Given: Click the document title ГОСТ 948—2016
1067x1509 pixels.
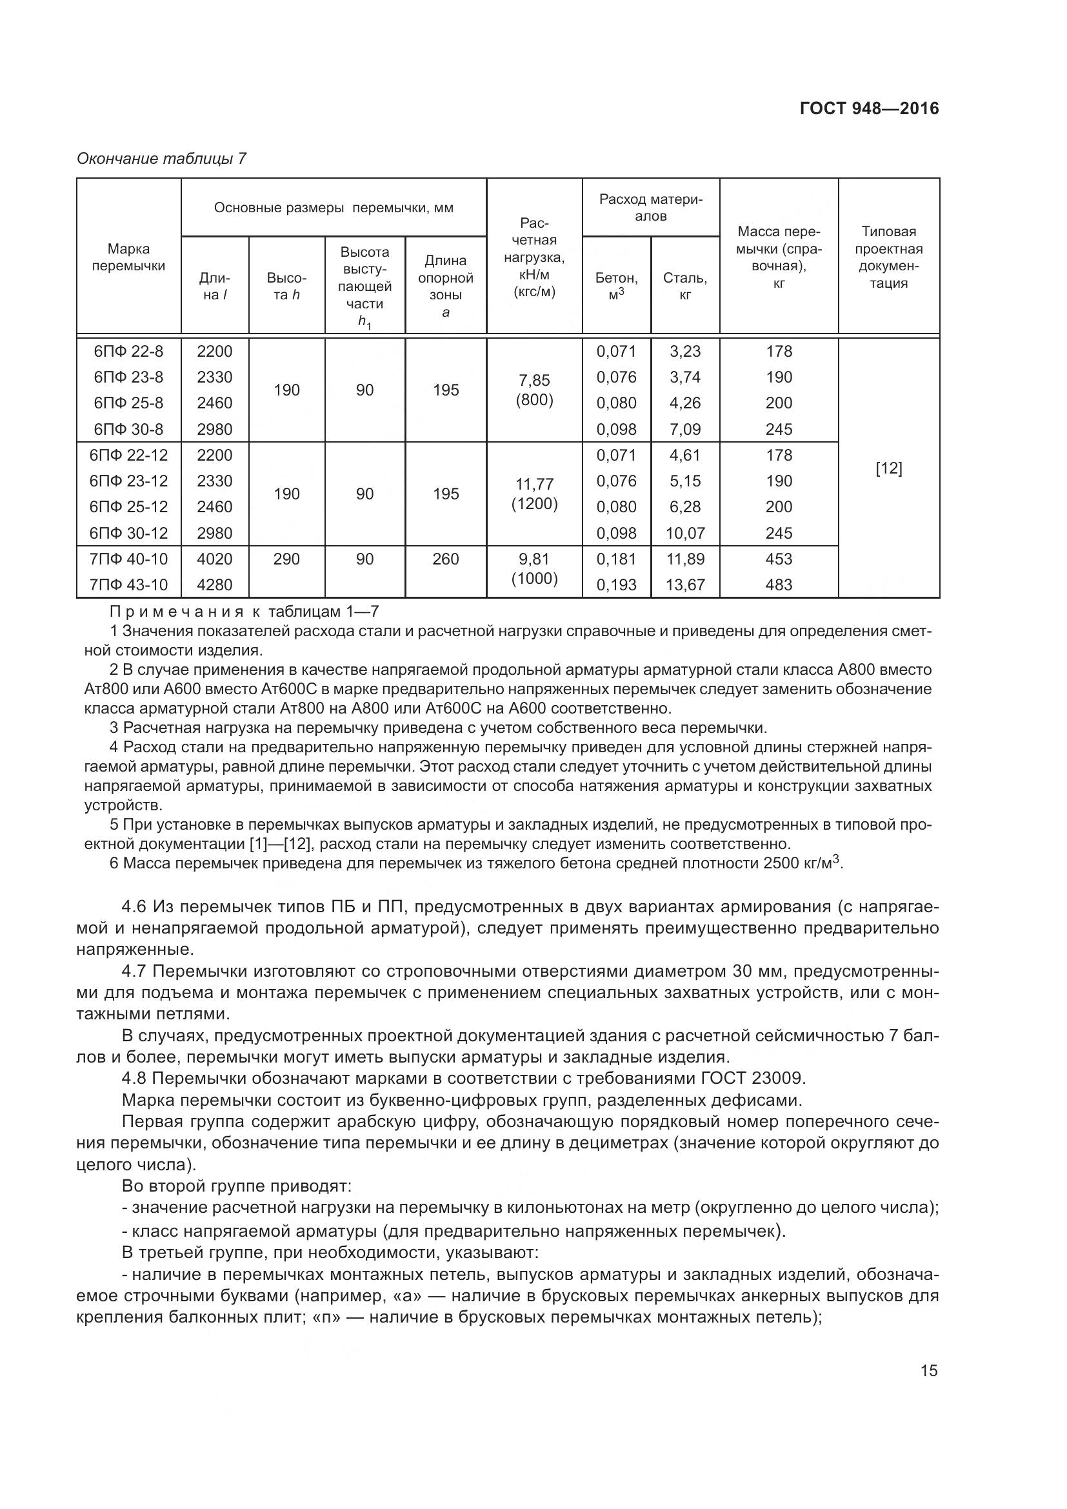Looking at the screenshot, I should click(x=869, y=108).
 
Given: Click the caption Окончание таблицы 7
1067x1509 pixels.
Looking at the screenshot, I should click(x=162, y=159).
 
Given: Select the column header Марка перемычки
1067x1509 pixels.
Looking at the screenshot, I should click(x=129, y=257).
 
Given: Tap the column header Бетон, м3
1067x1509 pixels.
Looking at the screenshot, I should click(x=616, y=286).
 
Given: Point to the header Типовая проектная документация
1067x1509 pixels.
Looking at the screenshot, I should click(x=888, y=257).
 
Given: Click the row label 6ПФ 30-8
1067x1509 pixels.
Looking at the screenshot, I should click(x=129, y=429).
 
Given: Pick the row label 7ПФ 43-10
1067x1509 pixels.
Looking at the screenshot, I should click(x=129, y=585).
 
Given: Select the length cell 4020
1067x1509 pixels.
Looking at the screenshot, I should click(x=215, y=559).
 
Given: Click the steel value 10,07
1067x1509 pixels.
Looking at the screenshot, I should click(x=684, y=532).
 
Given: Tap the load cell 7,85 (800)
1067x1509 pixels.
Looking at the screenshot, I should click(x=534, y=390).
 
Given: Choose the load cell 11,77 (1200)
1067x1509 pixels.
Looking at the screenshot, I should click(x=534, y=494).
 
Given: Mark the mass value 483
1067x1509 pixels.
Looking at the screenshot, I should click(x=779, y=585).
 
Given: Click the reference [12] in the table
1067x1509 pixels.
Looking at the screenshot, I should click(x=888, y=468).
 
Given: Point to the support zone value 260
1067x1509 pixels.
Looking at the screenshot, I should click(x=446, y=559).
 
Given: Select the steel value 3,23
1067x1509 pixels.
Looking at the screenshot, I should click(x=684, y=351).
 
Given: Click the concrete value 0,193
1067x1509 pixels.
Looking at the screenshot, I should click(x=616, y=585).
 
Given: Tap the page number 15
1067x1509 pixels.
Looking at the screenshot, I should click(x=928, y=1370).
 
